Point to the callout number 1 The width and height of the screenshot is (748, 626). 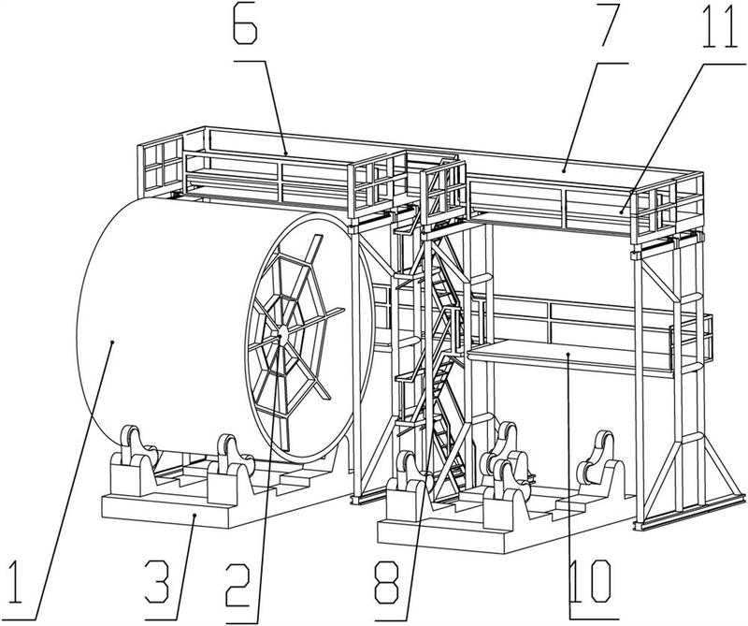click(17, 583)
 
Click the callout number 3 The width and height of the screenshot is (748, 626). click(158, 582)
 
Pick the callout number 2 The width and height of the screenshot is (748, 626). click(237, 585)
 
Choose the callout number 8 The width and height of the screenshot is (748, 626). click(387, 583)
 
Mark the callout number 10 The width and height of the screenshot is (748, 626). click(590, 582)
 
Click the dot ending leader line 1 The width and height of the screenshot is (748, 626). click(112, 342)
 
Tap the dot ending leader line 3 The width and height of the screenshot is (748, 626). click(194, 516)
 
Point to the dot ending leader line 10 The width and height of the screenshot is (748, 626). click(568, 354)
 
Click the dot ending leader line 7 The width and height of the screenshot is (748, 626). click(564, 170)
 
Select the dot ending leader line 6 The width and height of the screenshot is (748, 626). click(286, 153)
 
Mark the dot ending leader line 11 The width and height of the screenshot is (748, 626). click(622, 211)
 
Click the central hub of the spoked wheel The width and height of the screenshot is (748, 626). click(281, 334)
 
